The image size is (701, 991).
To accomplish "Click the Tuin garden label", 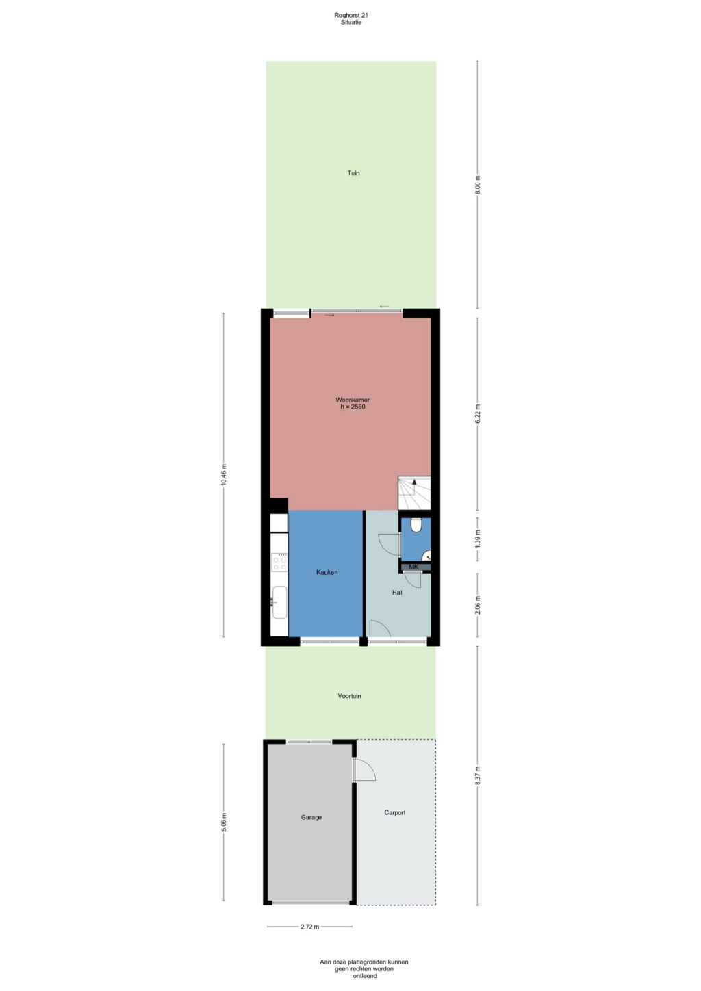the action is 353,173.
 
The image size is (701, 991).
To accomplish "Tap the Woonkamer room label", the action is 353,400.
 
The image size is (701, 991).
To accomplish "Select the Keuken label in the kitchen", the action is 327,572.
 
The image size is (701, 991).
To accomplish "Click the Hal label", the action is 397,593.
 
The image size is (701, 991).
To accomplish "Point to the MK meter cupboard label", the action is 413,567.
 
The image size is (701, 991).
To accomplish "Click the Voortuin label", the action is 349,696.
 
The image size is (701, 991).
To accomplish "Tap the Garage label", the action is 311,818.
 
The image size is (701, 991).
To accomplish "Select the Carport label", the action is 394,812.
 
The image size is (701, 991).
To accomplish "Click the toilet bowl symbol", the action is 416,525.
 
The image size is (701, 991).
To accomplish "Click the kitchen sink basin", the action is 280,602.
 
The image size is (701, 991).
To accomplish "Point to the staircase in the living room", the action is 414,493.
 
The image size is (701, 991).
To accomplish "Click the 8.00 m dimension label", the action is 478,185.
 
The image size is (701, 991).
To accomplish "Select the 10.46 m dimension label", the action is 223,475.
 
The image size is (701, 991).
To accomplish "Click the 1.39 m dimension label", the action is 478,539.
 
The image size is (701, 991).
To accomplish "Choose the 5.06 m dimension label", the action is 223,823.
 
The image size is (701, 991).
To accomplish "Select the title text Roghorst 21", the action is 351,15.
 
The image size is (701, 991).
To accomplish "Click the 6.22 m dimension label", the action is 478,413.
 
